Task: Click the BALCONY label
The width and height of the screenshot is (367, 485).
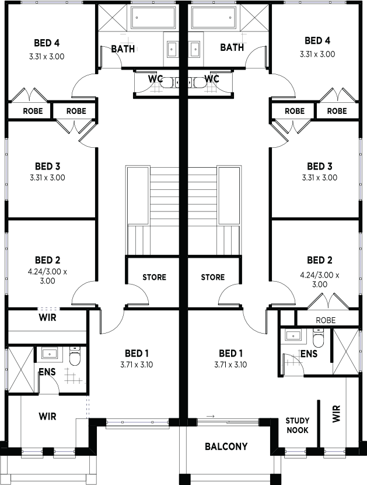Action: (226, 446)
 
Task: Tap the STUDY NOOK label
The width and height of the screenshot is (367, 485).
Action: (297, 425)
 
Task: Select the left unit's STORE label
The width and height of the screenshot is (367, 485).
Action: (154, 277)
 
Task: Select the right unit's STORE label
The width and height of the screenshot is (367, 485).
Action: (213, 277)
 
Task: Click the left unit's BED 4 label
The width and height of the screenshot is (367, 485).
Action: (47, 43)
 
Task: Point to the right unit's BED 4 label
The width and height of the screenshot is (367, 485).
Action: (317, 40)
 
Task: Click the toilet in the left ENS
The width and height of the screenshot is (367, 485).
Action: (75, 356)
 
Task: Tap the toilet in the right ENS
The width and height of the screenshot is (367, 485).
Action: (318, 338)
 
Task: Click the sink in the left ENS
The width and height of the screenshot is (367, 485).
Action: (50, 354)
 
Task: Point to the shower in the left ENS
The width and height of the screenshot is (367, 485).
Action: (20, 369)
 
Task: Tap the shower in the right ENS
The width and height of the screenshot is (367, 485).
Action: (345, 351)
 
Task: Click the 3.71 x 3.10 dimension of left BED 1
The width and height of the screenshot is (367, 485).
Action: (137, 365)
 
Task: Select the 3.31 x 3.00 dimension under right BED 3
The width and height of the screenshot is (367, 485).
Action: (320, 178)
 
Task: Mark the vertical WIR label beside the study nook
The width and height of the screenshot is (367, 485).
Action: (337, 414)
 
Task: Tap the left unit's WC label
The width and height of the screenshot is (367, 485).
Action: (155, 79)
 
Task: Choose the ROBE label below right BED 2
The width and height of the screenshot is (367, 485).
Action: (326, 320)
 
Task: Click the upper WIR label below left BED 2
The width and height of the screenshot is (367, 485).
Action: (48, 317)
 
